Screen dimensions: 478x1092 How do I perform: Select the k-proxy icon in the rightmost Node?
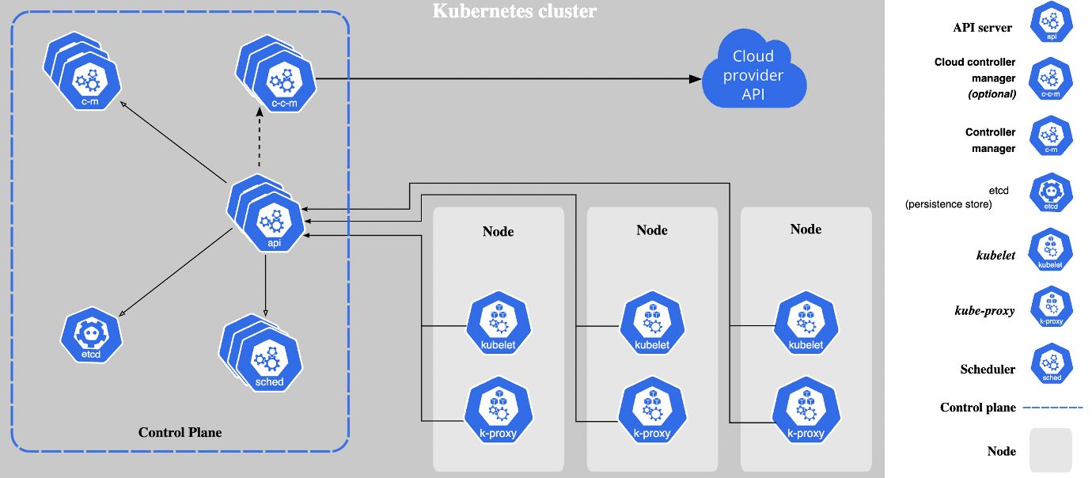coord(806,412)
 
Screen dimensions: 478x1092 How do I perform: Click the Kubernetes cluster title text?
coord(514,11)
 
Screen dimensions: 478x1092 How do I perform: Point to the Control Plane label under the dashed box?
coord(180,432)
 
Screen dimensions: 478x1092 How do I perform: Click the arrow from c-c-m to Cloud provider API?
coord(506,78)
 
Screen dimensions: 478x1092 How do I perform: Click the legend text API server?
coord(982,28)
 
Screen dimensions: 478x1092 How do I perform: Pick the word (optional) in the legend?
coord(992,93)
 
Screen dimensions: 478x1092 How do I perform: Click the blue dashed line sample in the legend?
coord(1052,408)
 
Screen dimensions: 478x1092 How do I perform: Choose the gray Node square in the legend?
coord(1050,450)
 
